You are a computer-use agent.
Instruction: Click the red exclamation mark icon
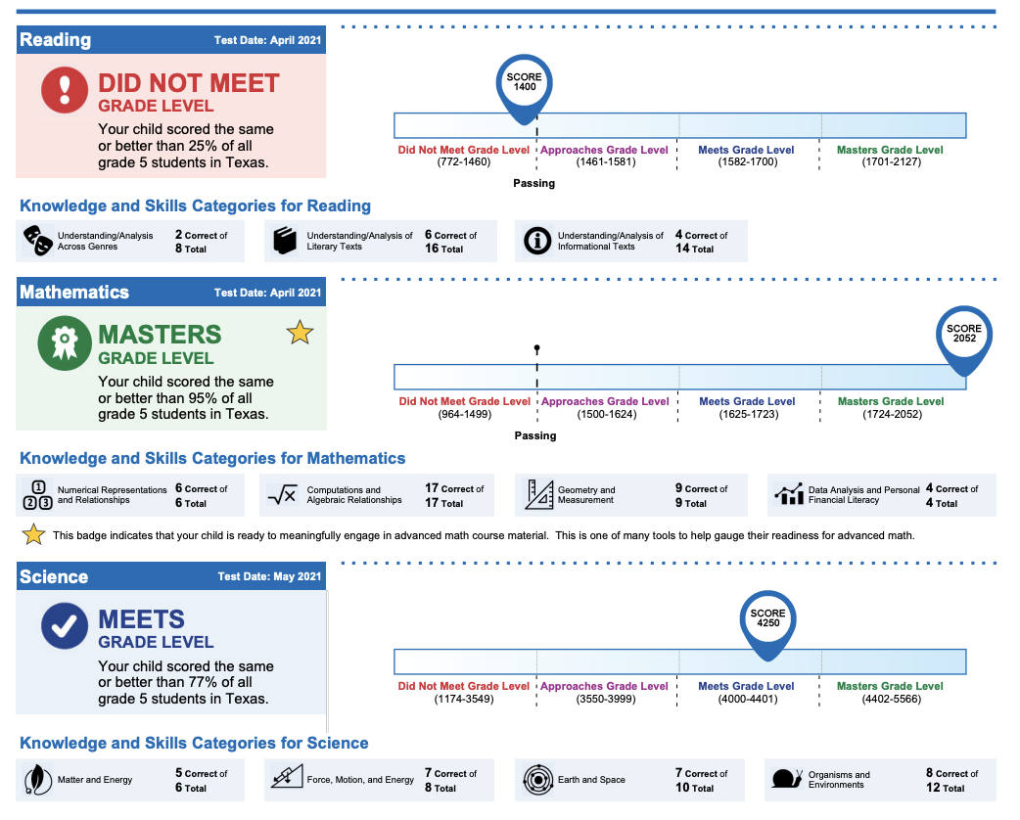[65, 90]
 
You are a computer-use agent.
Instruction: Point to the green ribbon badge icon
[65, 342]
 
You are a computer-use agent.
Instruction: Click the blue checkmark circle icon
[65, 625]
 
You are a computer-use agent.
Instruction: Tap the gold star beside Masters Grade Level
[300, 333]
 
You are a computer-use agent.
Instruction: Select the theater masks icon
[38, 241]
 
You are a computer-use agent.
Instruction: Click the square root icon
[282, 495]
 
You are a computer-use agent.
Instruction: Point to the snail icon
[787, 778]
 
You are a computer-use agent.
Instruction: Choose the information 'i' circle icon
[537, 241]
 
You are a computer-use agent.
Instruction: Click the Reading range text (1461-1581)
[606, 161]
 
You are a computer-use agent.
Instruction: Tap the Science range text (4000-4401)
[748, 699]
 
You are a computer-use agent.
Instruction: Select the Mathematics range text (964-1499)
[464, 414]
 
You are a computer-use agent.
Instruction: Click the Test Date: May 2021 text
[269, 576]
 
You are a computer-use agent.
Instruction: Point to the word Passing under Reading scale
[534, 183]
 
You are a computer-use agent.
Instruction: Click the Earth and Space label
[591, 780]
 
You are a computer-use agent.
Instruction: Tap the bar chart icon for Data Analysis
[788, 494]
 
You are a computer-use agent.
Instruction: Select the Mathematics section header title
[74, 292]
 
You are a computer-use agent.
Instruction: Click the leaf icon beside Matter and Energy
[38, 779]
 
